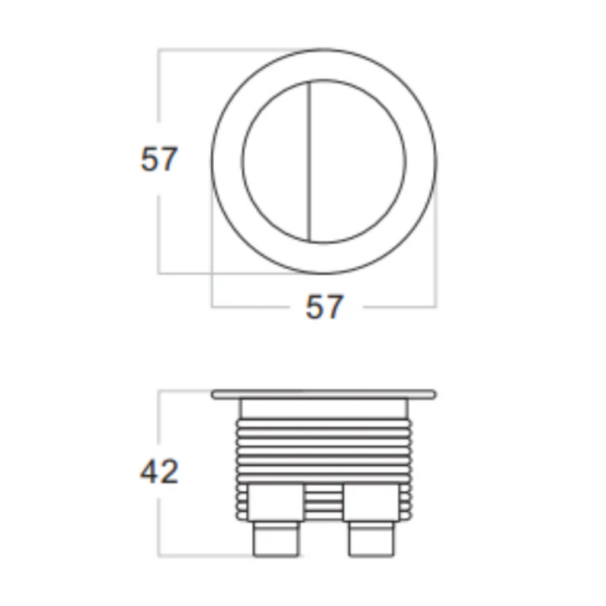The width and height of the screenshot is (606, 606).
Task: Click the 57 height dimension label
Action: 159,159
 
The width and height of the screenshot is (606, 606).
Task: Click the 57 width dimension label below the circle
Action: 324,307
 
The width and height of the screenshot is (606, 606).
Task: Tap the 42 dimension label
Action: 159,472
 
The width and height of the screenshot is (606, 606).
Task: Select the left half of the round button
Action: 276,161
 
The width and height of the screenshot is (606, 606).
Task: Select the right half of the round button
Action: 358,161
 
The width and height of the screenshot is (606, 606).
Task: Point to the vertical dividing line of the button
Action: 310,161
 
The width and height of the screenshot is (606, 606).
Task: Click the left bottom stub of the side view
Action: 275,539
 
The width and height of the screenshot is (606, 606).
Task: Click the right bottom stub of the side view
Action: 370,539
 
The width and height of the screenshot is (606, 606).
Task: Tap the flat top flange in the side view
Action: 324,394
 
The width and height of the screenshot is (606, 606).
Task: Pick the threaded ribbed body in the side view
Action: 324,450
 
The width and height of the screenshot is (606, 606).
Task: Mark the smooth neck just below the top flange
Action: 324,409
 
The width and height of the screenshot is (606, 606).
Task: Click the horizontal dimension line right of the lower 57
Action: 399,307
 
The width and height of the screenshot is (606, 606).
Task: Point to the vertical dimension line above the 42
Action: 159,420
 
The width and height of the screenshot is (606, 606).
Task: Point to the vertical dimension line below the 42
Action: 159,527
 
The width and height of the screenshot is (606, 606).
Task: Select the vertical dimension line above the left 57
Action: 159,89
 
